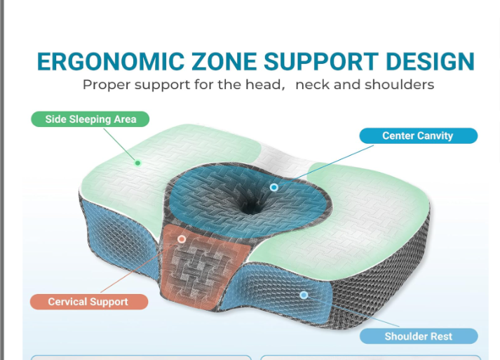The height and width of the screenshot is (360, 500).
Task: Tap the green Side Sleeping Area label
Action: click(90, 119)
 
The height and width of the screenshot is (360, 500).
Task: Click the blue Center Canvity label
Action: click(418, 135)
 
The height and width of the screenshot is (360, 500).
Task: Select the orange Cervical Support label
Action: click(88, 302)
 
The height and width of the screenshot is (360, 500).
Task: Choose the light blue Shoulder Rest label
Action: click(418, 336)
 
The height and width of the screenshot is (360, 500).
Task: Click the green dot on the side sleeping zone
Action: click(138, 163)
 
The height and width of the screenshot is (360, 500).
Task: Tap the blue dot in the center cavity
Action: click(274, 187)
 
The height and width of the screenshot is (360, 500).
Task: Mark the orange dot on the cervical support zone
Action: click(182, 239)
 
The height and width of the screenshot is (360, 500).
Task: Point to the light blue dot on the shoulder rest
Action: click(304, 295)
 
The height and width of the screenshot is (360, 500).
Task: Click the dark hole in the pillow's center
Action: click(249, 204)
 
